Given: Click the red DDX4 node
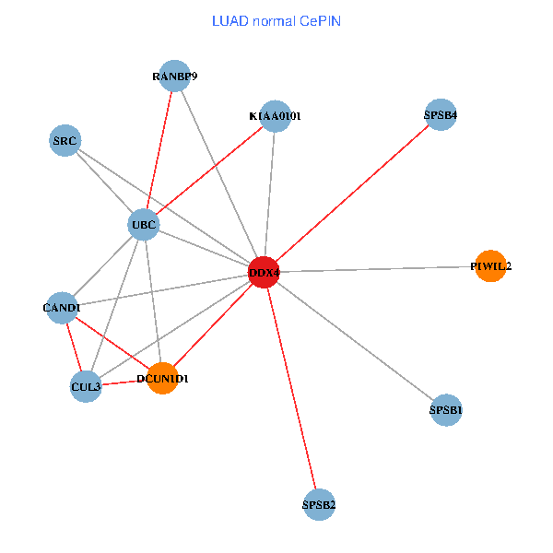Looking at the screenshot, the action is pyautogui.click(x=264, y=272).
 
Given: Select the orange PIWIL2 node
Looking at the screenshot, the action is pyautogui.click(x=490, y=265).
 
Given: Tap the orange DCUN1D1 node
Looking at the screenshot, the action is pyautogui.click(x=162, y=378).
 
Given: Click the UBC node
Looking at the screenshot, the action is pyautogui.click(x=143, y=224).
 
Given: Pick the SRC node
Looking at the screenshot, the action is pyautogui.click(x=65, y=141).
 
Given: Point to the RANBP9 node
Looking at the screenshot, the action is pyautogui.click(x=174, y=76).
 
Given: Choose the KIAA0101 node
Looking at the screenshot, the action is pyautogui.click(x=275, y=116).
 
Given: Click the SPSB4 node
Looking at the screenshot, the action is pyautogui.click(x=441, y=115).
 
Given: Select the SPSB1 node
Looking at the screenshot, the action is pyautogui.click(x=445, y=409).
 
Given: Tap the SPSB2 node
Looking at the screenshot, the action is pyautogui.click(x=318, y=504).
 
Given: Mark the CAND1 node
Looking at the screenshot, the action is pyautogui.click(x=62, y=307).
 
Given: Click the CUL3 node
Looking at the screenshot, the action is pyautogui.click(x=86, y=387).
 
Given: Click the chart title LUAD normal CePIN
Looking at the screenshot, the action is pyautogui.click(x=276, y=20).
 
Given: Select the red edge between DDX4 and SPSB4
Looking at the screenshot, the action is pyautogui.click(x=352, y=194).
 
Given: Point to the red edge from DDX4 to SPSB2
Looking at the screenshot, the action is pyautogui.click(x=291, y=388).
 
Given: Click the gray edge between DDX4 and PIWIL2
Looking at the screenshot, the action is pyautogui.click(x=377, y=268).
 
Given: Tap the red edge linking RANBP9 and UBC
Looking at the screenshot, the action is pyautogui.click(x=159, y=150).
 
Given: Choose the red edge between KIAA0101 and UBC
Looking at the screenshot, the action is pyautogui.click(x=209, y=170).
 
